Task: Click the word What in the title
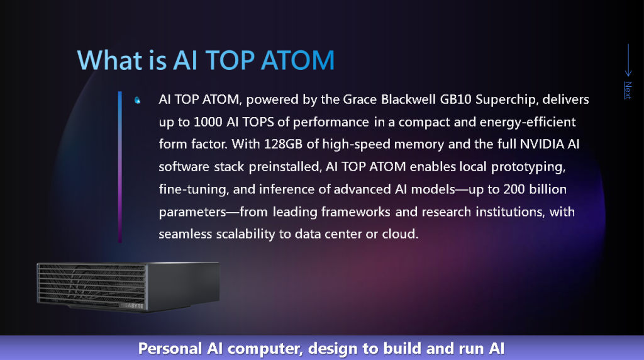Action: click(x=109, y=60)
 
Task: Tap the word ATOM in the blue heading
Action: click(x=297, y=60)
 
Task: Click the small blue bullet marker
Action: click(x=138, y=100)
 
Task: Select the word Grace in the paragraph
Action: click(x=360, y=99)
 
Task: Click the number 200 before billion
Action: click(x=514, y=189)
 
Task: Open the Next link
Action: click(x=628, y=90)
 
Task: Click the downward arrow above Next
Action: click(x=628, y=60)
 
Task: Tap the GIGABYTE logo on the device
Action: click(x=131, y=306)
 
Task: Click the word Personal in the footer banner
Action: click(x=170, y=349)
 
